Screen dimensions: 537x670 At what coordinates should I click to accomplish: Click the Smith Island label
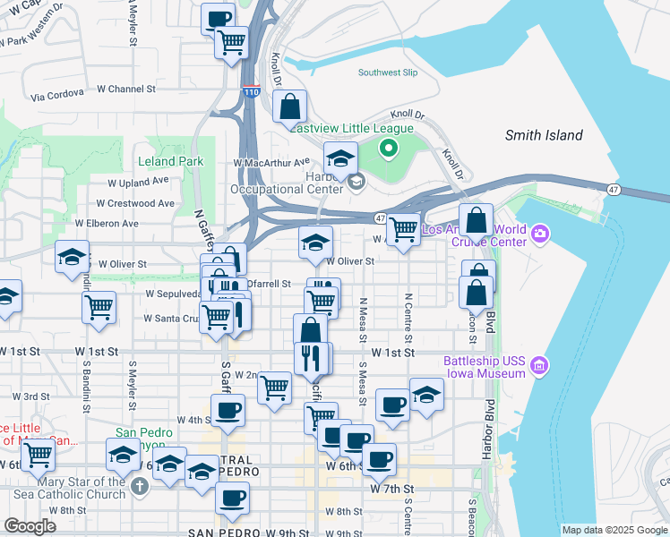[x=544, y=136]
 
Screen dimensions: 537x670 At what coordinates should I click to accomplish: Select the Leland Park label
[x=170, y=162]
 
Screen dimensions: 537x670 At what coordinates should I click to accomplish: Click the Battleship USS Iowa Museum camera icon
[x=538, y=365]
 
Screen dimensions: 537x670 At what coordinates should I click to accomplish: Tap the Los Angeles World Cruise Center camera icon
[x=540, y=234]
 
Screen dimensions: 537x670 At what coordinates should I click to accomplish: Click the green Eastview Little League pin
[x=389, y=149]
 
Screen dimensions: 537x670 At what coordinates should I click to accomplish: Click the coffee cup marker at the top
[x=219, y=18]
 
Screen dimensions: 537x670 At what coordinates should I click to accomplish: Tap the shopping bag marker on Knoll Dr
[x=290, y=107]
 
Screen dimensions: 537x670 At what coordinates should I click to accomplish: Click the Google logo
[x=30, y=526]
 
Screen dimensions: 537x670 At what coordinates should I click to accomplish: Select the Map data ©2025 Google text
[x=614, y=530]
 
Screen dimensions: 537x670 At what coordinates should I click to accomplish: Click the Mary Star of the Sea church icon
[x=138, y=487]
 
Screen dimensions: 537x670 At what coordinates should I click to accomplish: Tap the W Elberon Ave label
[x=107, y=223]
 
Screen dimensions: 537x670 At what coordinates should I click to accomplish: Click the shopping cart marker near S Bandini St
[x=99, y=307]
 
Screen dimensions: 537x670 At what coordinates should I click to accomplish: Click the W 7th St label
[x=390, y=490]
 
